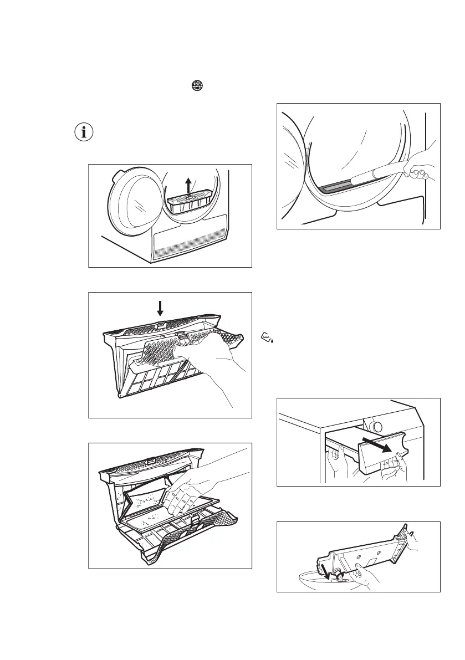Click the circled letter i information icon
pos(85,133)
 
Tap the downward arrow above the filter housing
pos(160,308)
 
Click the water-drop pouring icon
pos(268,336)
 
